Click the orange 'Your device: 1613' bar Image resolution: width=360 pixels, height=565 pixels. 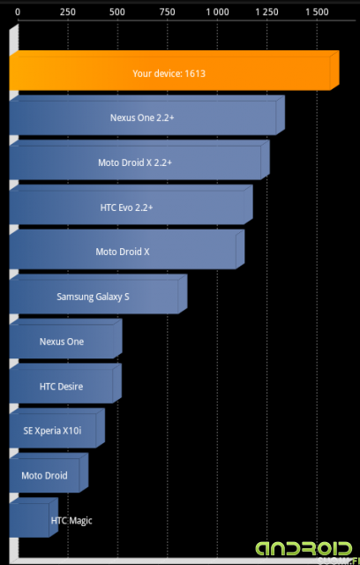(174, 71)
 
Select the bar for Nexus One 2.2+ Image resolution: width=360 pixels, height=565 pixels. (146, 116)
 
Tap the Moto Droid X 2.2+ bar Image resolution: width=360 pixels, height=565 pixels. (139, 160)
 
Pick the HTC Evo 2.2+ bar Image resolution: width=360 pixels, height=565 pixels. (131, 205)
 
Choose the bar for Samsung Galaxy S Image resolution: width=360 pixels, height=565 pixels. (98, 294)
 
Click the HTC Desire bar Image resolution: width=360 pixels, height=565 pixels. (65, 383)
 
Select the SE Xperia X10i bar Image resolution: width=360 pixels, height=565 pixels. (57, 428)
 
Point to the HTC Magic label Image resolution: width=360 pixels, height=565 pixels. (71, 521)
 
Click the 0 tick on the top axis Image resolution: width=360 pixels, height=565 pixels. (18, 12)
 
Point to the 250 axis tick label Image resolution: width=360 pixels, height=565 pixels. (68, 12)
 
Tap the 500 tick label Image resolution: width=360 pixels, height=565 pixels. (117, 12)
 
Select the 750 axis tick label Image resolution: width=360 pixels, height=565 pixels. (168, 12)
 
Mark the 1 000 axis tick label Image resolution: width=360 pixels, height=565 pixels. (217, 12)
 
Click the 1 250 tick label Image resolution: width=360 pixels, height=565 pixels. (267, 12)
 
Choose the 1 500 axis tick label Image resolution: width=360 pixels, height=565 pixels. (317, 12)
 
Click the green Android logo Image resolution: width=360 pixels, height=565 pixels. (304, 549)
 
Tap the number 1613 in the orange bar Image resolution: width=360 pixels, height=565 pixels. (195, 73)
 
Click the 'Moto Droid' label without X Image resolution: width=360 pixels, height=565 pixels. (44, 476)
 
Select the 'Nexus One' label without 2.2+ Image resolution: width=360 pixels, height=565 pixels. (62, 342)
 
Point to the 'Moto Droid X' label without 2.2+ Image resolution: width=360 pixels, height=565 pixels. (123, 252)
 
